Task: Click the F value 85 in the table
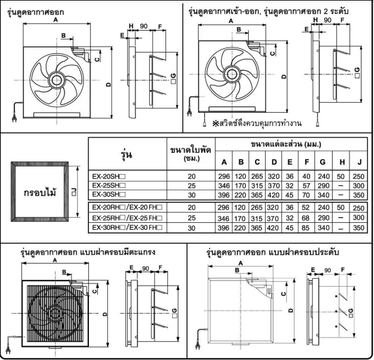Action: (x=306, y=228)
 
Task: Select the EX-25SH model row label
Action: (x=109, y=185)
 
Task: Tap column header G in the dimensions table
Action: (x=323, y=162)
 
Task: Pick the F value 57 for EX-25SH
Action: (x=306, y=186)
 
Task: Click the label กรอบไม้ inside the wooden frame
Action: (x=40, y=192)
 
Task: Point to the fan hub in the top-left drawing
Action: (x=56, y=80)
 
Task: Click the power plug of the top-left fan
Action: (x=14, y=118)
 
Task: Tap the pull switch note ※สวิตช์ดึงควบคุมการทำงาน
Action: (x=257, y=123)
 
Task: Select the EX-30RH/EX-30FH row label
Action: (x=127, y=227)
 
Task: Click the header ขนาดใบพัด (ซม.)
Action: (x=190, y=153)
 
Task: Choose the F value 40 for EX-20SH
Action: (x=306, y=177)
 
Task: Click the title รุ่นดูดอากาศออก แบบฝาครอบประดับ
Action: (x=273, y=252)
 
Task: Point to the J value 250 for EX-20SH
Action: (x=358, y=177)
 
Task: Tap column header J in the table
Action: (x=359, y=162)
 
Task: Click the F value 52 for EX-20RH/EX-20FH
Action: (x=306, y=207)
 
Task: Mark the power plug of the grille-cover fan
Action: (x=8, y=350)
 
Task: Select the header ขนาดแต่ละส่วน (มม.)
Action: (x=286, y=144)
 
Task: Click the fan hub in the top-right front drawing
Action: (x=232, y=74)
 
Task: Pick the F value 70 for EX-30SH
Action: (x=306, y=195)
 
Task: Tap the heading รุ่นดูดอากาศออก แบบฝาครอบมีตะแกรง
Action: (x=88, y=252)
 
